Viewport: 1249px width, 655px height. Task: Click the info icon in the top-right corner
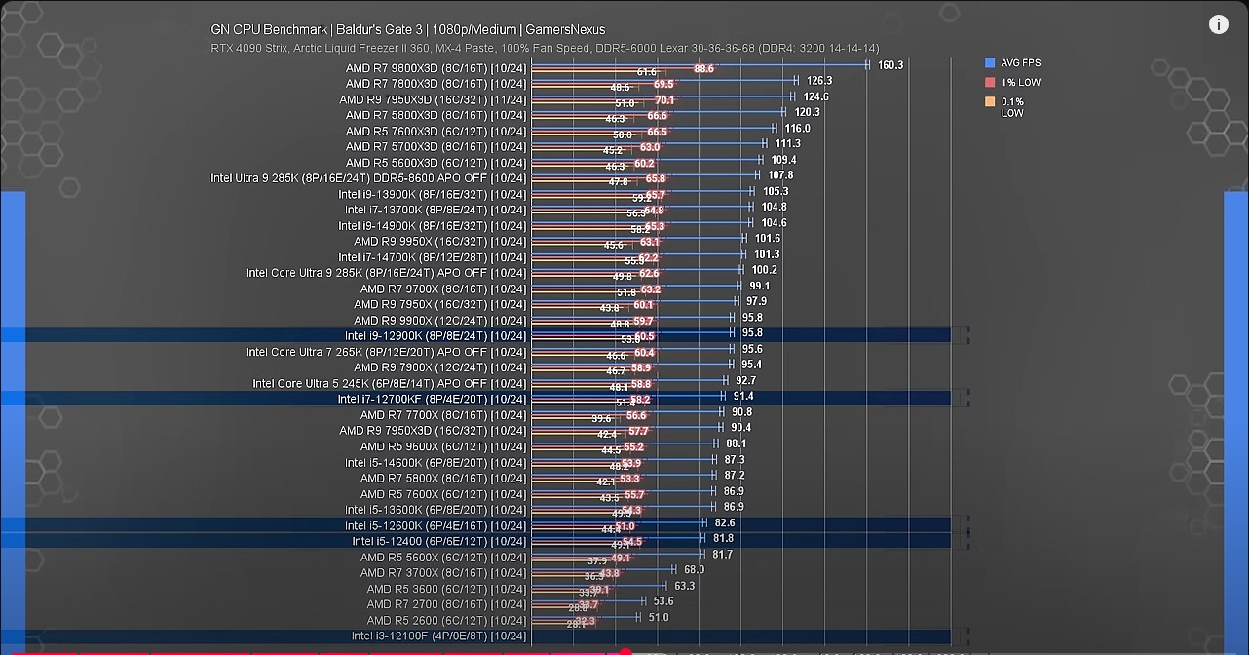pyautogui.click(x=1218, y=25)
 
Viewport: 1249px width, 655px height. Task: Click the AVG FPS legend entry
pyautogui.click(x=1020, y=63)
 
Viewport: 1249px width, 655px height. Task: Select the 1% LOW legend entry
pyautogui.click(x=1020, y=83)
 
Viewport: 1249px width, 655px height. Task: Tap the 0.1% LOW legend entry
pyautogui.click(x=1012, y=107)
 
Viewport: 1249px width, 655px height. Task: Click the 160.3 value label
pyautogui.click(x=890, y=65)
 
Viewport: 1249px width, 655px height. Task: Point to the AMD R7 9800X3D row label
pyautogui.click(x=435, y=68)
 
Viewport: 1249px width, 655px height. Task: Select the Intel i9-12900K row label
pyautogui.click(x=435, y=336)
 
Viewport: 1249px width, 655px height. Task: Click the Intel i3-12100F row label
pyautogui.click(x=438, y=636)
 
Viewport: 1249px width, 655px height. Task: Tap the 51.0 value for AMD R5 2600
pyautogui.click(x=659, y=618)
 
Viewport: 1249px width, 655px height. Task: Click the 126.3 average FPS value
pyautogui.click(x=819, y=81)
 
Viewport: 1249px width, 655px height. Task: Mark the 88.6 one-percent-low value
pyautogui.click(x=704, y=69)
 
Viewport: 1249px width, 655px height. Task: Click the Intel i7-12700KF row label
pyautogui.click(x=432, y=400)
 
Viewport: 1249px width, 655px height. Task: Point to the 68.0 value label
pyautogui.click(x=694, y=570)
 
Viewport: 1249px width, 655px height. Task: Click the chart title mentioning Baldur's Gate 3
pyautogui.click(x=408, y=30)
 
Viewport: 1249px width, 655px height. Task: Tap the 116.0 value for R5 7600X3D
pyautogui.click(x=797, y=129)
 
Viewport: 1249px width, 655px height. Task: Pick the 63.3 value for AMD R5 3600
pyautogui.click(x=684, y=586)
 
